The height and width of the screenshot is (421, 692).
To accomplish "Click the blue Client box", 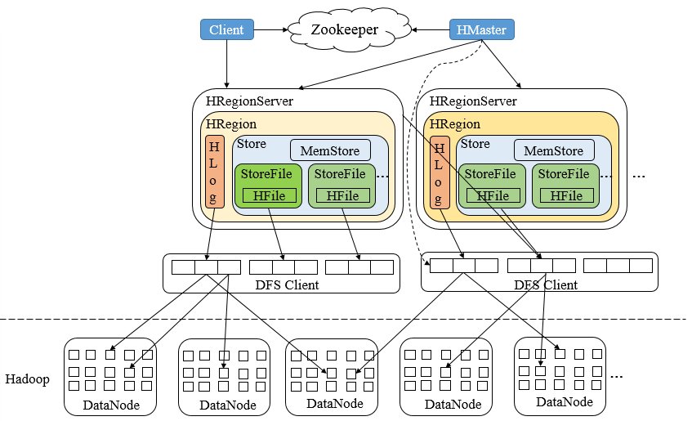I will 226,30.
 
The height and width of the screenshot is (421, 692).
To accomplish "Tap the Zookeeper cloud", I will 345,30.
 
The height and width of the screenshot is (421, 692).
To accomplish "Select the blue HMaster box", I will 481,30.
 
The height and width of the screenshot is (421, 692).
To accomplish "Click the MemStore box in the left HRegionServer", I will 330,150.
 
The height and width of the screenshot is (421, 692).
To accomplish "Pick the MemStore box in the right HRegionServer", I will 553,150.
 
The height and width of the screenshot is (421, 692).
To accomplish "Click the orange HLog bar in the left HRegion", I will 214,172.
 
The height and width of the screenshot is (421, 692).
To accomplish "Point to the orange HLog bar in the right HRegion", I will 438,172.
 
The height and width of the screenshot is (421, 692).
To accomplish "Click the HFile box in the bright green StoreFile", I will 267,196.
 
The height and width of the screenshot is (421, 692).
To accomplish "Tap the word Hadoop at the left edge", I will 28,379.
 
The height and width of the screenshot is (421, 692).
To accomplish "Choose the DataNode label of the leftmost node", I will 110,405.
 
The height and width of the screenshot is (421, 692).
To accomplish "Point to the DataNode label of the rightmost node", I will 564,402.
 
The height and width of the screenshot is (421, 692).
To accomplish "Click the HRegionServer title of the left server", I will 249,101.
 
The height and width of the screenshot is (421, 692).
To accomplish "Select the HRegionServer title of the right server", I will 473,101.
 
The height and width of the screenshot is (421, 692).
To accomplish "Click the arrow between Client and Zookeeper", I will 269,30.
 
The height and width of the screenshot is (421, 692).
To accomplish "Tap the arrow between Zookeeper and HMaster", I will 431,30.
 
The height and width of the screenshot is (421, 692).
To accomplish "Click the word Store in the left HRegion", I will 251,144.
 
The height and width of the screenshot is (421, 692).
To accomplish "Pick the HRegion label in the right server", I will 454,124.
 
